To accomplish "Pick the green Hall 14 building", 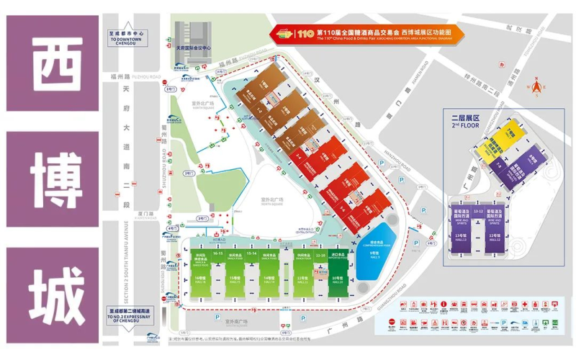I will click(269, 276).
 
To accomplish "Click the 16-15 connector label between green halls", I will click(218, 253).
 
